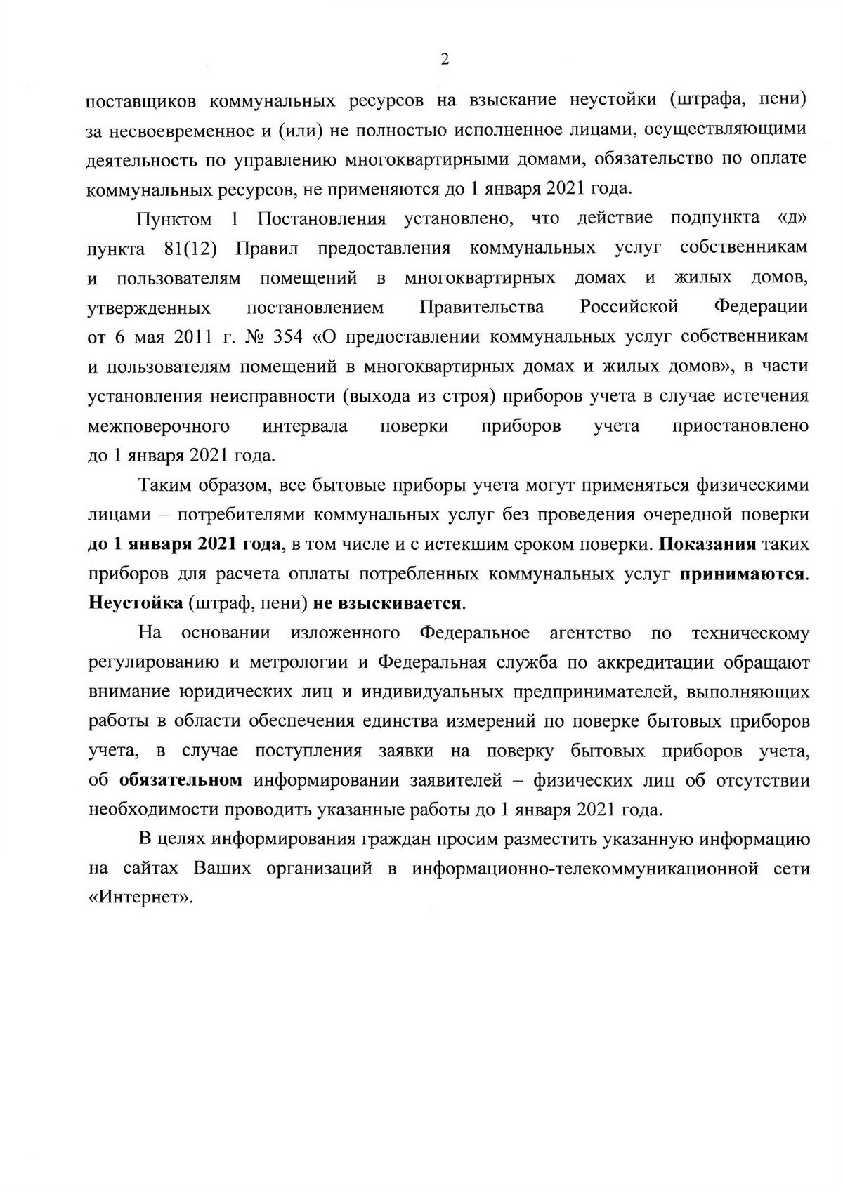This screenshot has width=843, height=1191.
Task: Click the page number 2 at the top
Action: click(x=444, y=60)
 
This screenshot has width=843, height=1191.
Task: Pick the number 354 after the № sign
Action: click(x=286, y=337)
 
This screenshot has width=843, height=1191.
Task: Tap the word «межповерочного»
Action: click(x=159, y=426)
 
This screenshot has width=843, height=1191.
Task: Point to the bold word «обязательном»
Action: click(x=181, y=781)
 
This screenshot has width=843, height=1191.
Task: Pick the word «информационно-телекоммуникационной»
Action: click(x=585, y=869)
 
